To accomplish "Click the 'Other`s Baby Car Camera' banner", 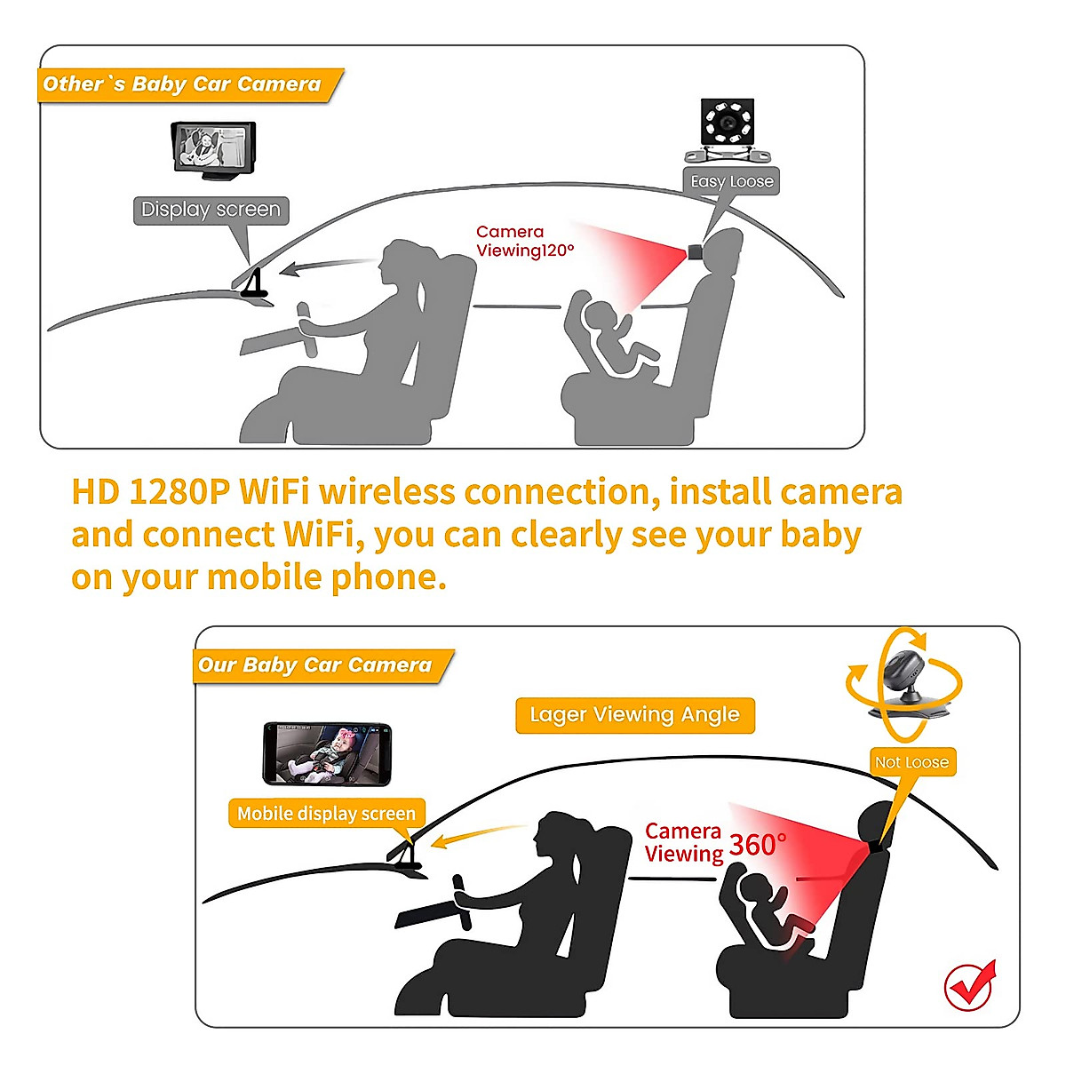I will pos(182,84).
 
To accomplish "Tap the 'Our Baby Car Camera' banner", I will pos(315,665).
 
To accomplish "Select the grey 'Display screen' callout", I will pos(211,211).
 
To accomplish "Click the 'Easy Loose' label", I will pos(732,181).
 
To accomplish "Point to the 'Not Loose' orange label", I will pos(911,762).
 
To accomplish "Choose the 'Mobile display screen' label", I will pos(326,814).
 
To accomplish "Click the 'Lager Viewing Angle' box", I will pos(634,715).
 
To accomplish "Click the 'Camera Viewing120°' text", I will pos(524,242).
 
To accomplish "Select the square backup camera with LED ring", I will pos(728,124).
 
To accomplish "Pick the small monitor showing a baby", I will pos(212,148).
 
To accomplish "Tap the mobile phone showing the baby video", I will pos(327,753).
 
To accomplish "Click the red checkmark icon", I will pos(970,984).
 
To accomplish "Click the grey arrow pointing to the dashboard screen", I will pos(324,266).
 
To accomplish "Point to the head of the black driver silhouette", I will pos(558,835).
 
